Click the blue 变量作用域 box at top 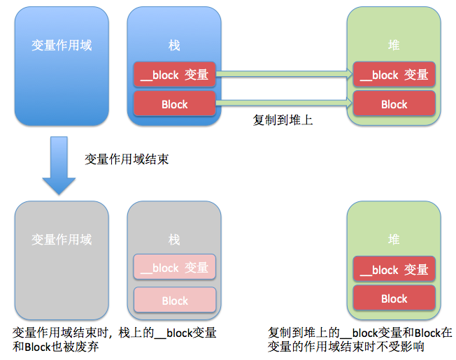pos(62,66)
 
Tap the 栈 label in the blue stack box pos(174,45)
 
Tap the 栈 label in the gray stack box pos(174,240)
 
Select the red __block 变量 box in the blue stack pos(174,75)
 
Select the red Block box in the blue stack pos(174,104)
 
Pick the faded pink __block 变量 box pos(174,268)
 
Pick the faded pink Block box pos(174,301)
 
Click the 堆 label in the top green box pos(394,45)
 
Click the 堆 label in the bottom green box pos(394,240)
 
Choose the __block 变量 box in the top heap pos(394,75)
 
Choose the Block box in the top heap pos(394,104)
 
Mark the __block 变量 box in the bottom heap pos(394,270)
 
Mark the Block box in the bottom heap pos(394,298)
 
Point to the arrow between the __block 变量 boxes pos(284,73)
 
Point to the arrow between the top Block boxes pos(284,103)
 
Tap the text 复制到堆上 pos(283,120)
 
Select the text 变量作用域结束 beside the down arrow pos(127,159)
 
